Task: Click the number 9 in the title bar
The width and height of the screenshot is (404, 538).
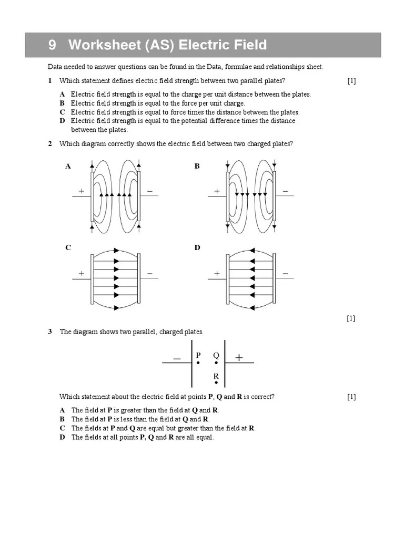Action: click(x=52, y=45)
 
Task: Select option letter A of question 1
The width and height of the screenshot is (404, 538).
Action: click(x=62, y=94)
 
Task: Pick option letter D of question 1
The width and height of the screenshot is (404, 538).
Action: click(x=62, y=121)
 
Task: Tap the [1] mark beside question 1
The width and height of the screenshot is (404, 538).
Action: click(x=351, y=80)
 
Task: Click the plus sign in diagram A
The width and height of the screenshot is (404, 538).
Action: click(x=82, y=192)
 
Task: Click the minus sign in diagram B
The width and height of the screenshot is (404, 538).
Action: click(x=286, y=192)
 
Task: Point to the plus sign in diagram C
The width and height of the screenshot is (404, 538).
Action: click(x=82, y=274)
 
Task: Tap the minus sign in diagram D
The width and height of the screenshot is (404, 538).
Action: click(x=286, y=274)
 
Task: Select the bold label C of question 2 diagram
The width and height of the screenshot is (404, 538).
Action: click(x=68, y=247)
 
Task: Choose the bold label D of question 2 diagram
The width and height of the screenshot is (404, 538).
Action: click(x=198, y=247)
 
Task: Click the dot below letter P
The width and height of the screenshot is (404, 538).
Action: click(x=198, y=363)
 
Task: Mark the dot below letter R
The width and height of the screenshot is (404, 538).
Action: click(x=216, y=383)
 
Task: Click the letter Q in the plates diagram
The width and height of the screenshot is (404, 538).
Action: click(x=216, y=355)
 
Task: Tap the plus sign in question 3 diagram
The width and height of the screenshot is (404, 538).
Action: click(x=239, y=357)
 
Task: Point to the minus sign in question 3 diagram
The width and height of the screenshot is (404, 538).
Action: click(x=177, y=358)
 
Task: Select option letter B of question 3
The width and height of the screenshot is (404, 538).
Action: click(x=62, y=419)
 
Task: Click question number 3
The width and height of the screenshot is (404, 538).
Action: click(x=50, y=332)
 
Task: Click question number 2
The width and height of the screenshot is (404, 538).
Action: click(x=50, y=144)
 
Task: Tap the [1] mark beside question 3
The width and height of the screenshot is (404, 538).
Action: click(x=351, y=397)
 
